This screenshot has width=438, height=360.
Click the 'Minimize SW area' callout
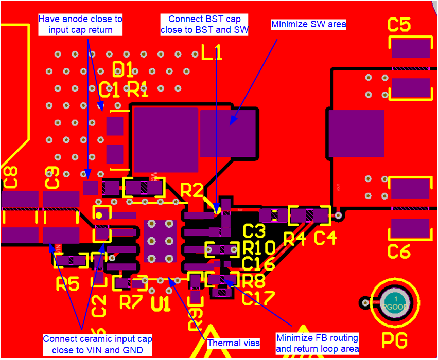308,24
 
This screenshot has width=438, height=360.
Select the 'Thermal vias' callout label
233,343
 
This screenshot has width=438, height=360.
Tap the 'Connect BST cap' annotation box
204,25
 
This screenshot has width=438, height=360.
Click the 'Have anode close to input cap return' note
80,24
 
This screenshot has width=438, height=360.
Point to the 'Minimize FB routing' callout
317,344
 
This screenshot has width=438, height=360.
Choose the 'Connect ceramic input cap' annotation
97,345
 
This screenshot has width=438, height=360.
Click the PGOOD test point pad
395,302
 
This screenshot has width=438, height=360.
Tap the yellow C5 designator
399,25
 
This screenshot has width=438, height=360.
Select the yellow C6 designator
399,252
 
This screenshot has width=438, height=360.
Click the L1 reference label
212,51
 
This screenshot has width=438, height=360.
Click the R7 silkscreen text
130,302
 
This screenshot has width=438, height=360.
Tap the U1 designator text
161,304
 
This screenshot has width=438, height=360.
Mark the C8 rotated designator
11,176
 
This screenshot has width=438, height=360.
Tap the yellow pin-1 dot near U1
101,213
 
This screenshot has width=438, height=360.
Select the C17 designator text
258,298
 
